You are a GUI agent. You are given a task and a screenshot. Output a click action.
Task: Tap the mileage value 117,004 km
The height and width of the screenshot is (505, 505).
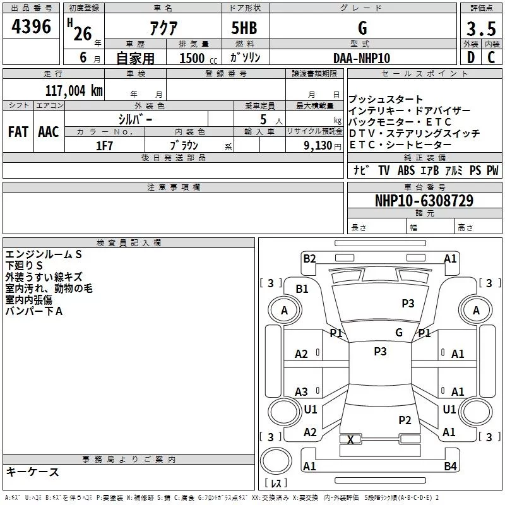pos(74,90)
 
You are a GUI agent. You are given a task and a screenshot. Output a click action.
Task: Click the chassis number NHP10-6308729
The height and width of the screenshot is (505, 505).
pos(424,201)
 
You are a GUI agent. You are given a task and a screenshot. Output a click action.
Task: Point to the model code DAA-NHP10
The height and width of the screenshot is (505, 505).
pos(362,58)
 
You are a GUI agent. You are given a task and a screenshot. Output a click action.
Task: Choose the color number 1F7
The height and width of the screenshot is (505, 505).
pos(104,146)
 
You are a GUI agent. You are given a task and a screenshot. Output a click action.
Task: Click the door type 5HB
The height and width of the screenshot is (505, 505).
pos(244,28)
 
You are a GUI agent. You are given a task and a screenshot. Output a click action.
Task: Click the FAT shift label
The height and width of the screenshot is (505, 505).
pos(18,132)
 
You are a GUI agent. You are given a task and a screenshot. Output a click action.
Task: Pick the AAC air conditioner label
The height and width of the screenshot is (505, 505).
pos(48,132)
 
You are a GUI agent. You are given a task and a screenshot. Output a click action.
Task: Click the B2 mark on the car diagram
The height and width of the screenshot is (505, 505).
pos(309,258)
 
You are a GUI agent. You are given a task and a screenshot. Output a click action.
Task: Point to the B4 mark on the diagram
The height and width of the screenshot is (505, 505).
pos(450,466)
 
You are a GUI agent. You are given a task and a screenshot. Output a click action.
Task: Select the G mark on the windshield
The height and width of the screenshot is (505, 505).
pos(399,332)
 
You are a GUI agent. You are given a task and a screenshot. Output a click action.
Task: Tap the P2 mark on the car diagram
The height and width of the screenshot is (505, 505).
pos(405,420)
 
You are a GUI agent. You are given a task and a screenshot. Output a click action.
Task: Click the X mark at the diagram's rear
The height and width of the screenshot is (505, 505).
pos(350,439)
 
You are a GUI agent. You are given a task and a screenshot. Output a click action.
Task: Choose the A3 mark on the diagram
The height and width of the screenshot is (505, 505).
pos(302,392)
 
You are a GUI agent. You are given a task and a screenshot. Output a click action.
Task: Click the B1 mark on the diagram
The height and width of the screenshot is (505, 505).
pos(302,288)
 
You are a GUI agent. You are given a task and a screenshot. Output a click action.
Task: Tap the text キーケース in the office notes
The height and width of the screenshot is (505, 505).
pos(32,472)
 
